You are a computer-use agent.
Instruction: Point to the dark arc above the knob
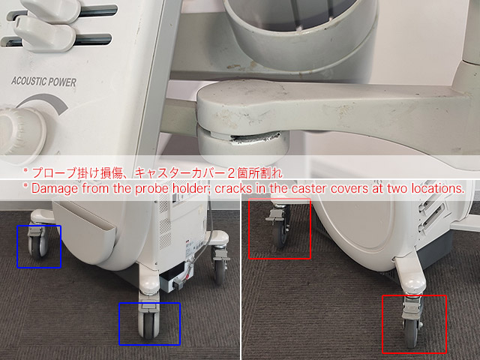tap(46, 103)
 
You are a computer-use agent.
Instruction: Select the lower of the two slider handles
tap(46, 34)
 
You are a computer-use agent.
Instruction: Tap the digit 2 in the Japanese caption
tap(231, 173)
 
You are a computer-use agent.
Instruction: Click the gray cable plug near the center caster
tap(178, 284)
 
